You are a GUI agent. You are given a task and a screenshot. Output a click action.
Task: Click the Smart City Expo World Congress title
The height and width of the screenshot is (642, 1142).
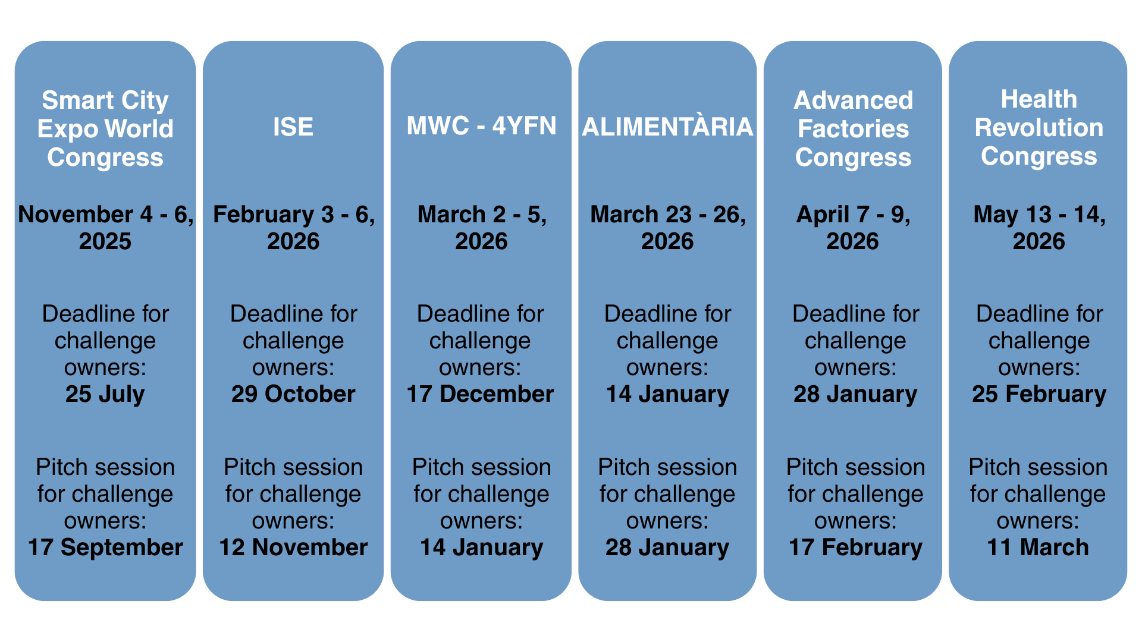click(105, 129)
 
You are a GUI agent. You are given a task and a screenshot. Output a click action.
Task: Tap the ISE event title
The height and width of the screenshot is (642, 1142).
click(293, 127)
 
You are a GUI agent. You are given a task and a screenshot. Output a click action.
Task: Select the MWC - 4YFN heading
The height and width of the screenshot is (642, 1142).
click(481, 126)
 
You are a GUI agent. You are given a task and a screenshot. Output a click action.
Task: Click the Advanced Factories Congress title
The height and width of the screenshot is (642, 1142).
click(853, 129)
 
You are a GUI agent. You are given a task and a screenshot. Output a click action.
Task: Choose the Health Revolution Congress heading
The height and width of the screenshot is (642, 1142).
click(1039, 128)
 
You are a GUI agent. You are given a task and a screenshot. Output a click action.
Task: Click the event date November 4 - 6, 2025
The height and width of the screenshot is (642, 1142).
click(105, 228)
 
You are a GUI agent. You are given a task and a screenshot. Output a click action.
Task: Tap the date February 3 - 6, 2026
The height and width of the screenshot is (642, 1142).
click(293, 228)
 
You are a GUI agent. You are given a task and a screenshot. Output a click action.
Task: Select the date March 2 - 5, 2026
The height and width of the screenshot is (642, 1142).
click(481, 228)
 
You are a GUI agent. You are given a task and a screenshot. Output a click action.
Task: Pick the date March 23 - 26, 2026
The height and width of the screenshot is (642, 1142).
click(667, 228)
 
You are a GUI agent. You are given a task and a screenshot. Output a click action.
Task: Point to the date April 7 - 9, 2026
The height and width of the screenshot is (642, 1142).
click(853, 228)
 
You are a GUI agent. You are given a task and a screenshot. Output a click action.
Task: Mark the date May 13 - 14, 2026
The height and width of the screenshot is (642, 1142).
click(1039, 228)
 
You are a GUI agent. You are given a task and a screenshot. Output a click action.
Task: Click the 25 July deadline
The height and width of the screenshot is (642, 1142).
click(105, 395)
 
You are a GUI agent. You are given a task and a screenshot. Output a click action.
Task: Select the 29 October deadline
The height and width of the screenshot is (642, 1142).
click(293, 394)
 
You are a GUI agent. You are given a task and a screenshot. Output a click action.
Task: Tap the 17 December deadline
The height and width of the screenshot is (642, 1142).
click(480, 394)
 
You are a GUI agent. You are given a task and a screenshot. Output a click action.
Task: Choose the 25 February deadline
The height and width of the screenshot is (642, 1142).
click(1039, 395)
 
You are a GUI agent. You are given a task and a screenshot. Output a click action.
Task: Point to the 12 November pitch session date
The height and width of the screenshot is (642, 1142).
click(293, 547)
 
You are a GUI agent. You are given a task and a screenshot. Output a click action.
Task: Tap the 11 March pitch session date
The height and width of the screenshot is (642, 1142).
click(1038, 547)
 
